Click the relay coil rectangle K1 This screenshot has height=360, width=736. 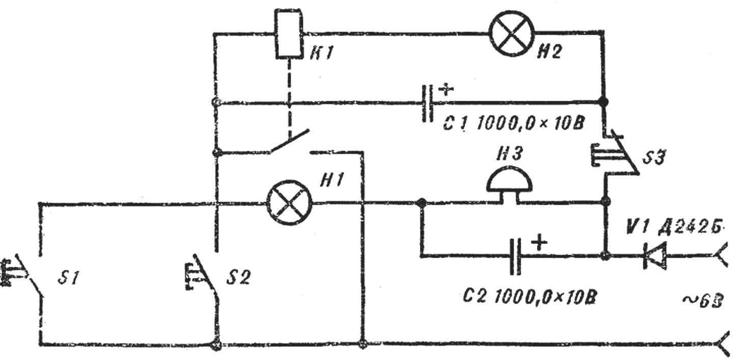tap(289, 34)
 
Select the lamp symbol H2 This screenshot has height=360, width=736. tap(512, 33)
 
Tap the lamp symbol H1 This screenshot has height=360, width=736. tap(289, 203)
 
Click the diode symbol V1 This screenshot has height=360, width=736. tap(655, 256)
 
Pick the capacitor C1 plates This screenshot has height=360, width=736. tap(428, 103)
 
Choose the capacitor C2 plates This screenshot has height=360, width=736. tap(515, 257)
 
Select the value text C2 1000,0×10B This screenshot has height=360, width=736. tap(529, 297)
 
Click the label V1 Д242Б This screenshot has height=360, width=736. tap(673, 227)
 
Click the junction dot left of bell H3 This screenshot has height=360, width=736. tap(421, 203)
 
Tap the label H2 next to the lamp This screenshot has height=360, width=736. tap(549, 51)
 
